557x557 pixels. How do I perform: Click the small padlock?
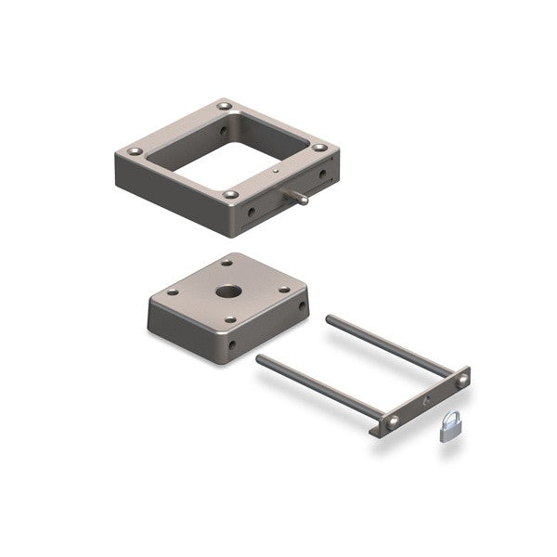[x=449, y=430]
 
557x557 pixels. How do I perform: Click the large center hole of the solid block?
[x=227, y=291]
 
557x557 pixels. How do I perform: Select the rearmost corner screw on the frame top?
[x=226, y=107]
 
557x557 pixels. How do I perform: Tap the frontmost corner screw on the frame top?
[x=229, y=194]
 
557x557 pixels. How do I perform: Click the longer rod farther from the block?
[x=390, y=343]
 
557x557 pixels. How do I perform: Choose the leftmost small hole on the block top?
[x=174, y=292]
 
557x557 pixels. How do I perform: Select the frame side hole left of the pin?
[x=251, y=211]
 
